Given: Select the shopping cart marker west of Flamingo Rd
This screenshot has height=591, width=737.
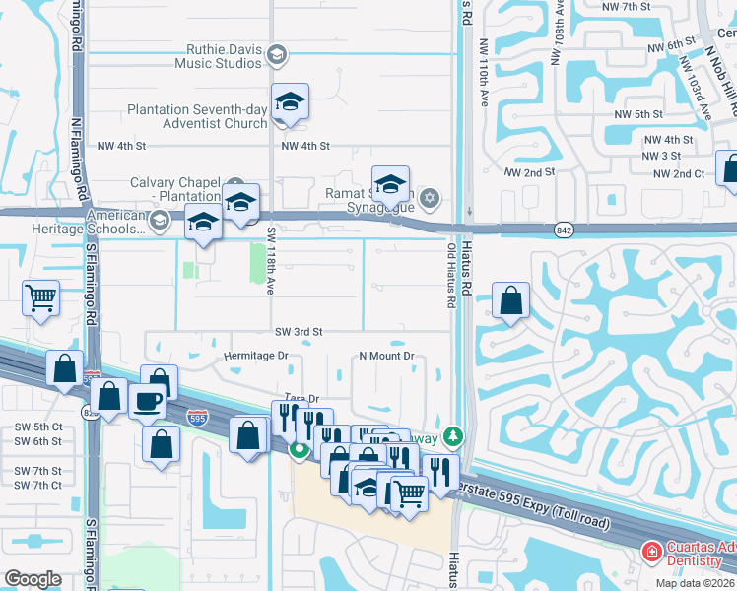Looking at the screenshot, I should point(41,296).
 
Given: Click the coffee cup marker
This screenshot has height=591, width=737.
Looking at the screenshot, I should point(148,402).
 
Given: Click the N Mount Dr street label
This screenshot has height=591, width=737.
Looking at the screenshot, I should point(386,356).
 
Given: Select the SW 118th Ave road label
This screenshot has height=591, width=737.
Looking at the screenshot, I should point(272,260).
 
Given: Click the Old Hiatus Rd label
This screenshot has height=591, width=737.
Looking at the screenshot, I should point(451,277).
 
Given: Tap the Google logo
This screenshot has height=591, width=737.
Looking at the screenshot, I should point(33,579).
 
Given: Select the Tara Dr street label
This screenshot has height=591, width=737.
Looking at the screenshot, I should point(301,399).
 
